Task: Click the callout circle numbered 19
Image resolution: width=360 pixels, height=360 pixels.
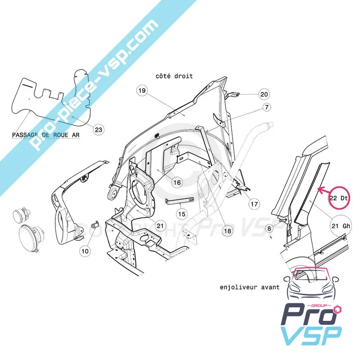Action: click(142, 91)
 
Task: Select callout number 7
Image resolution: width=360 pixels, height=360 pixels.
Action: click(267, 108)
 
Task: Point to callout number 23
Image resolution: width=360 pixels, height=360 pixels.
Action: click(99, 130)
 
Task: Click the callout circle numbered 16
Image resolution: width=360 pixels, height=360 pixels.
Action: click(177, 183)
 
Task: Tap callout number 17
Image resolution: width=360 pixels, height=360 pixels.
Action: click(254, 203)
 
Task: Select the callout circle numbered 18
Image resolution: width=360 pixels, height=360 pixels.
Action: click(227, 231)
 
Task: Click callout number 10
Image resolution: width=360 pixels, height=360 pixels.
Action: click(85, 252)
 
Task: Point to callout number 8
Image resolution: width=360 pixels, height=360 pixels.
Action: click(269, 229)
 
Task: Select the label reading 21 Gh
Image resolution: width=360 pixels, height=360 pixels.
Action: click(338, 225)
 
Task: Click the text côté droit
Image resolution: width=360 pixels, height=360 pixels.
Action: click(175, 76)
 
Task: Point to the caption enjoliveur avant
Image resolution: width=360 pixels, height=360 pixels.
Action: click(250, 287)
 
